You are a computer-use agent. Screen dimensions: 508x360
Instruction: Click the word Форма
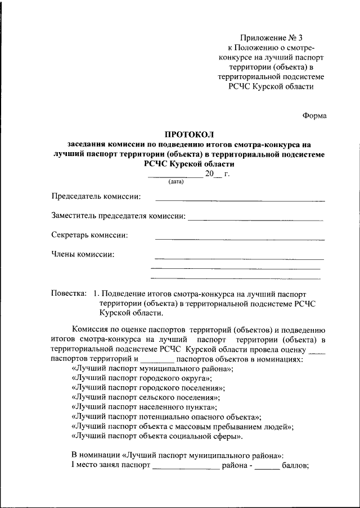click(314, 116)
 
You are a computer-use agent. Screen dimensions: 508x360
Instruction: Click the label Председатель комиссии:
click(96, 196)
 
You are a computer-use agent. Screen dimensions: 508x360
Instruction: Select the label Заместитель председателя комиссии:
click(118, 216)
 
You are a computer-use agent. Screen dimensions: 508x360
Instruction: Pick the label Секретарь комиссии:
click(89, 235)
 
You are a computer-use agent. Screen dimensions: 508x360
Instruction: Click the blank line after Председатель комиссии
click(240, 199)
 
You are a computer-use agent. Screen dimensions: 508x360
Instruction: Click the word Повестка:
click(69, 294)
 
